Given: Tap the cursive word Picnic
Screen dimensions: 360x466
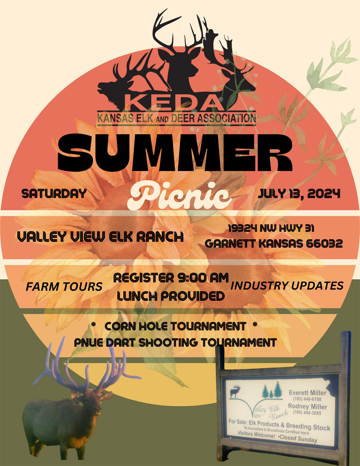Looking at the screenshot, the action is [x=180, y=196].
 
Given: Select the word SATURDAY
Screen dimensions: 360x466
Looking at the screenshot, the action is [x=54, y=193].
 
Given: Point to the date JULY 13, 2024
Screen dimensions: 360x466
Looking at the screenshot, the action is [x=299, y=193].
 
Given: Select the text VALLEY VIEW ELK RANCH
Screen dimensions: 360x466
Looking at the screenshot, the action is [x=100, y=237].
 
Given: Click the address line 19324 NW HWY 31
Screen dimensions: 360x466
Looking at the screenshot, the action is [x=271, y=228].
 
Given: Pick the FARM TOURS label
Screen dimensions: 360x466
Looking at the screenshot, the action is [x=64, y=287].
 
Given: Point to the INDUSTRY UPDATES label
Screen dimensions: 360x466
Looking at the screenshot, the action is [x=287, y=286].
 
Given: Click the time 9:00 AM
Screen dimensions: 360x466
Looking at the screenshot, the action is [x=203, y=278].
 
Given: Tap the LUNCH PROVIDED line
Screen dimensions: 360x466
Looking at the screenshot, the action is [x=171, y=296].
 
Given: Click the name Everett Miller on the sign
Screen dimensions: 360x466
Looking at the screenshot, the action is [x=307, y=393].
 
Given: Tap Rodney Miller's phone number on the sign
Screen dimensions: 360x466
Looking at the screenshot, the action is [x=307, y=412].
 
